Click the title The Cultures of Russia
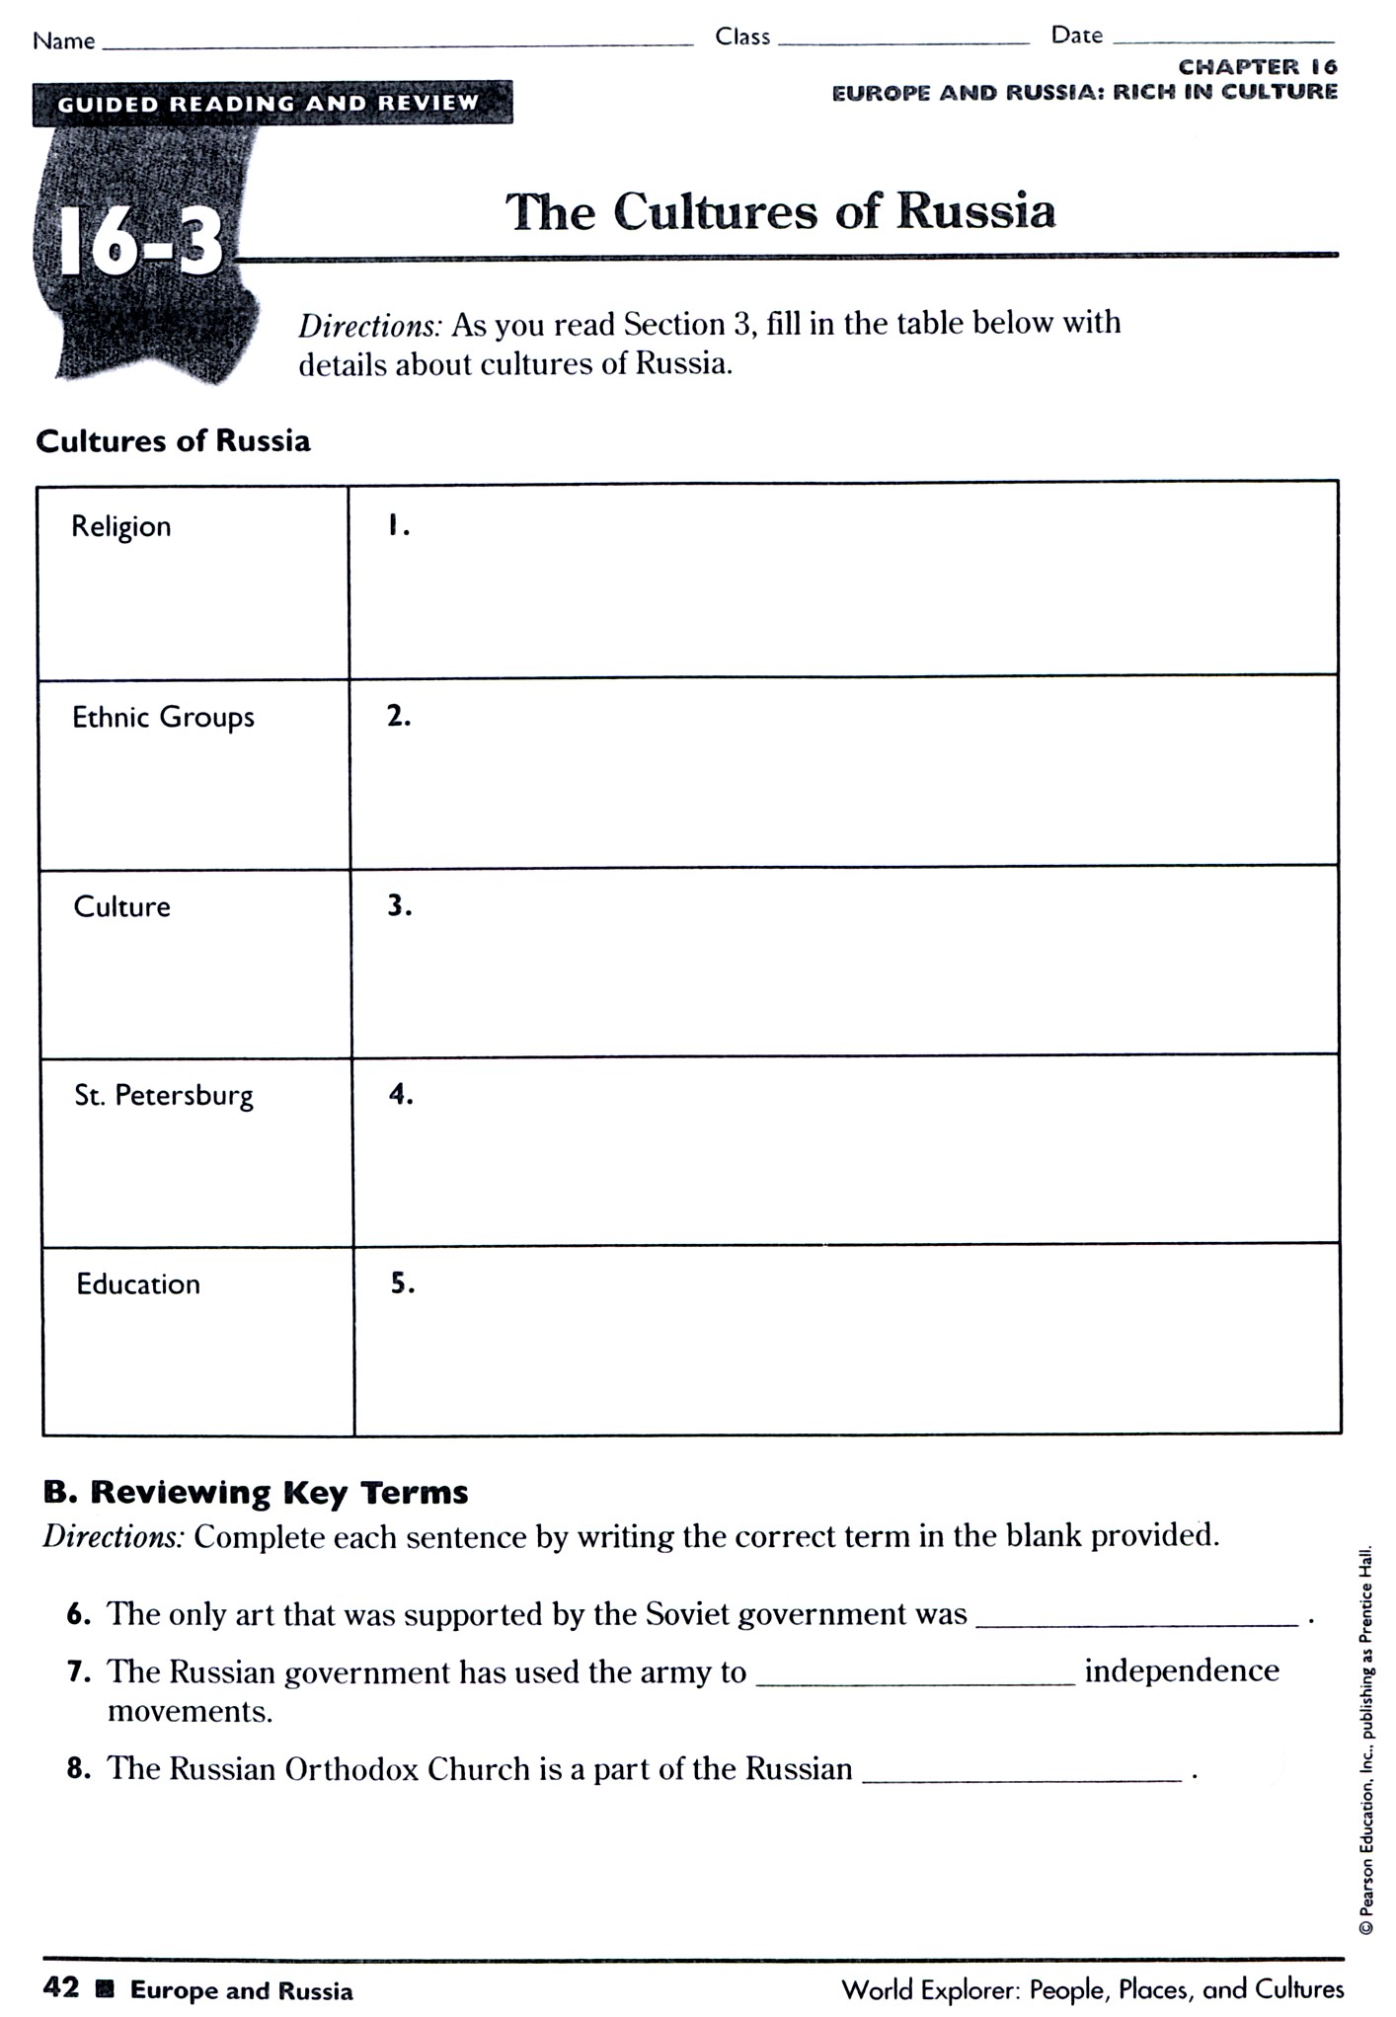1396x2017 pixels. tap(780, 211)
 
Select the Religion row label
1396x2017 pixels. tap(121, 526)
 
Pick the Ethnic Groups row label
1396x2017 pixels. tap(163, 717)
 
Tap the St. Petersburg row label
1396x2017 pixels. tap(164, 1095)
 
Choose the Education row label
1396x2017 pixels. tap(138, 1283)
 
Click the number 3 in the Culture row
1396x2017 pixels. tap(399, 905)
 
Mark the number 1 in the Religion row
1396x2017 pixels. tap(398, 526)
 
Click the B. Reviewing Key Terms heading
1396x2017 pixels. tap(256, 1492)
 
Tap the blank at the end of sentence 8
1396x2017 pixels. tap(1022, 1772)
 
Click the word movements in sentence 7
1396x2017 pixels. tap(190, 1710)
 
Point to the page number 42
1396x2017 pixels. tap(61, 1986)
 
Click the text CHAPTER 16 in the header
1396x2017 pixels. tap(1257, 67)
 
